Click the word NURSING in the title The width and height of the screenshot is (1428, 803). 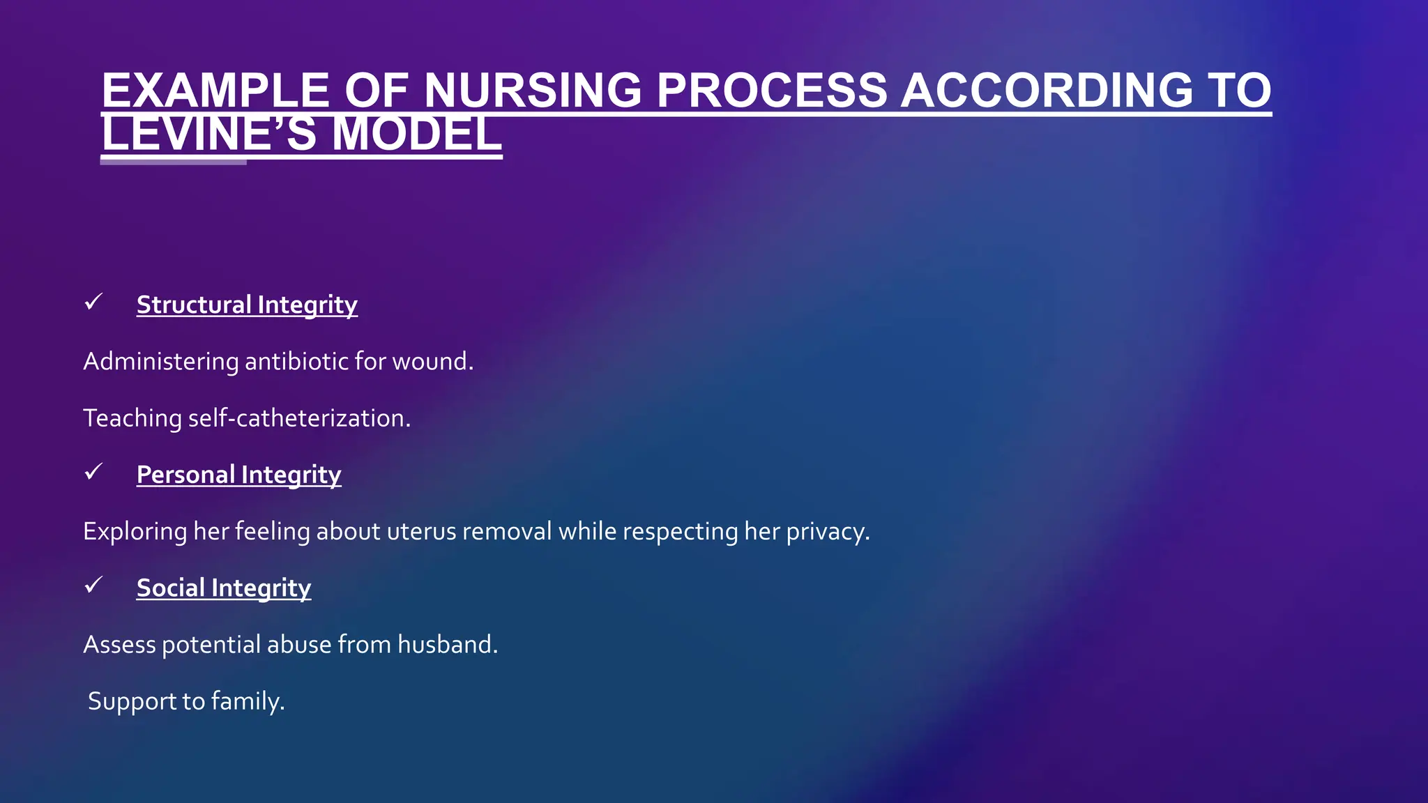(x=532, y=91)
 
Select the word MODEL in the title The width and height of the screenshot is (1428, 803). (x=416, y=135)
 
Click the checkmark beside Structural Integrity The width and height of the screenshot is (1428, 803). (x=93, y=303)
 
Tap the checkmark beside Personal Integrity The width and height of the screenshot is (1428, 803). (x=93, y=472)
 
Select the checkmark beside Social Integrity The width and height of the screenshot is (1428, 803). (x=93, y=585)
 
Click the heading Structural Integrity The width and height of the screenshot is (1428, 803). (x=247, y=305)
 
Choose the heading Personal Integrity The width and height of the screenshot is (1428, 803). (x=238, y=475)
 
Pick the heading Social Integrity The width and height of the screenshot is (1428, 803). (x=223, y=588)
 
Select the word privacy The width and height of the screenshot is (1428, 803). (x=828, y=532)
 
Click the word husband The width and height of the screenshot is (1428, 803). (x=447, y=645)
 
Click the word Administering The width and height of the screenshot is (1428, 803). (x=160, y=362)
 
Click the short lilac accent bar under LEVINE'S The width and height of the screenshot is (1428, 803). (x=173, y=162)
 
